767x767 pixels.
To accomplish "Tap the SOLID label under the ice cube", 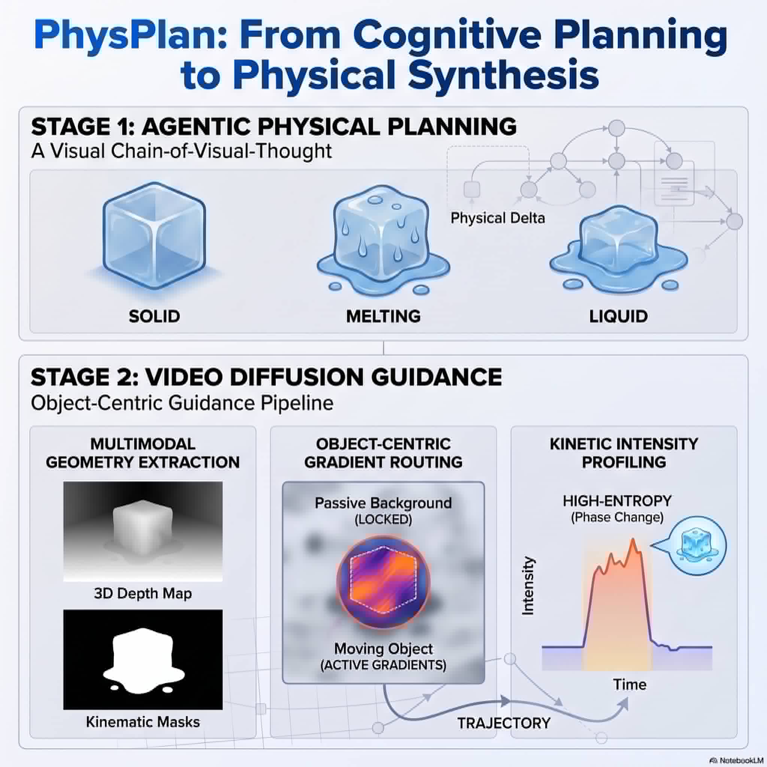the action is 154,316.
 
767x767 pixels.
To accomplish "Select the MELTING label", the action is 383,316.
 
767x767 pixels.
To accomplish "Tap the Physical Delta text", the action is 497,218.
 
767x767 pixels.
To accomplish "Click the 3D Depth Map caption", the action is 143,593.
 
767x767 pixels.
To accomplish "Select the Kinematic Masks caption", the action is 143,722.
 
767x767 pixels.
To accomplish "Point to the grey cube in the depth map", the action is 143,528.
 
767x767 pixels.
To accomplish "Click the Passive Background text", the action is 383,503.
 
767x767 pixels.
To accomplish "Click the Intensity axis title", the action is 528,586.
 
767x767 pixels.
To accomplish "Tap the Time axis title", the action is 630,685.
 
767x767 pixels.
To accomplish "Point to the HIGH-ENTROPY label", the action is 617,501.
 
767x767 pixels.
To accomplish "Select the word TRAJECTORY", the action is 504,723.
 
